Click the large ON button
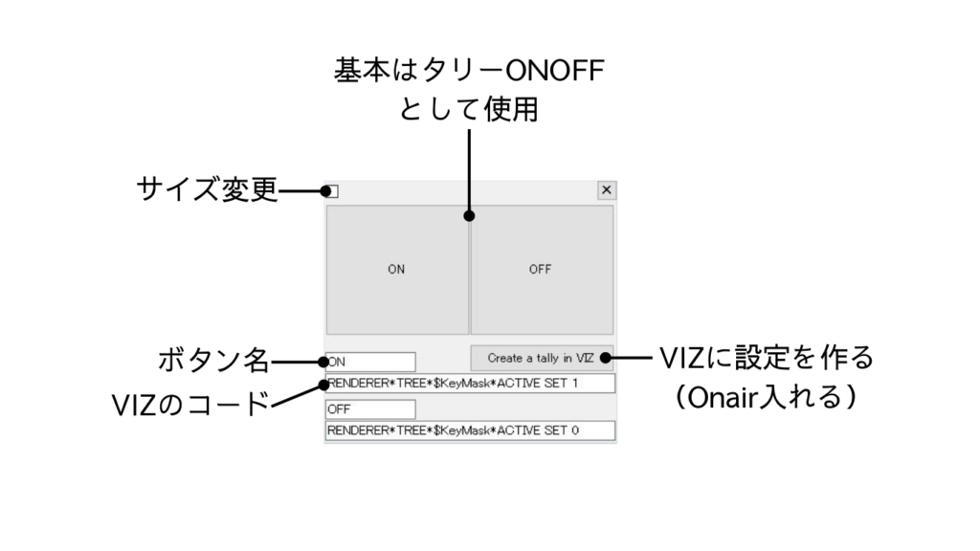(396, 269)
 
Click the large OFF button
(541, 269)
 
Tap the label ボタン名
(212, 362)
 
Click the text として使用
(469, 111)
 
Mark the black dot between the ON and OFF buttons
(469, 216)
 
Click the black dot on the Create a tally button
(606, 358)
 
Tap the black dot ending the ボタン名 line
(324, 362)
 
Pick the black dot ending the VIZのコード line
(324, 385)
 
